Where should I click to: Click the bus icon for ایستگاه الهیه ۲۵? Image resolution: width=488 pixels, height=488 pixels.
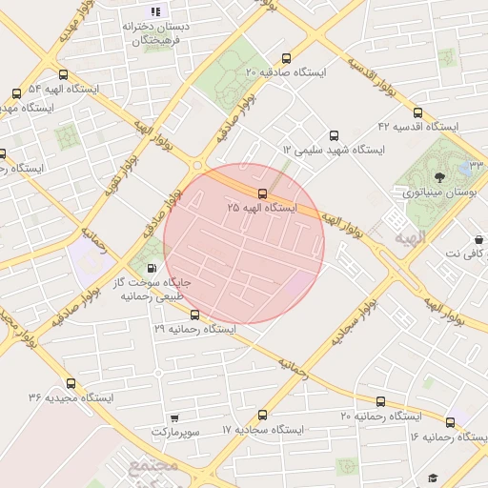[x=263, y=194]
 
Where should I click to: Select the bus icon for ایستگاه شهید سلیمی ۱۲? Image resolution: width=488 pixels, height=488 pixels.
[x=333, y=136]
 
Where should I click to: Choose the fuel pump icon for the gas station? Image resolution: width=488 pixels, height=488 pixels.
[x=153, y=268]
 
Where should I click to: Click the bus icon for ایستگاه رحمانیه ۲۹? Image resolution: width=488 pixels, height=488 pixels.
[x=195, y=315]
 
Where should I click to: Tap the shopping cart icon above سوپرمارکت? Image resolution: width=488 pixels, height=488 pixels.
[x=173, y=417]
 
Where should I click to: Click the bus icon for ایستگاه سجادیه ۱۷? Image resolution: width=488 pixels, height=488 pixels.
[x=263, y=415]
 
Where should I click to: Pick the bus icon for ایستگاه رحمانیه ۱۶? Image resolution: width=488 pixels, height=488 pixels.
[x=450, y=421]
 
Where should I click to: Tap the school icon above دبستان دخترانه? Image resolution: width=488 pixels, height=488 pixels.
[x=155, y=12]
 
